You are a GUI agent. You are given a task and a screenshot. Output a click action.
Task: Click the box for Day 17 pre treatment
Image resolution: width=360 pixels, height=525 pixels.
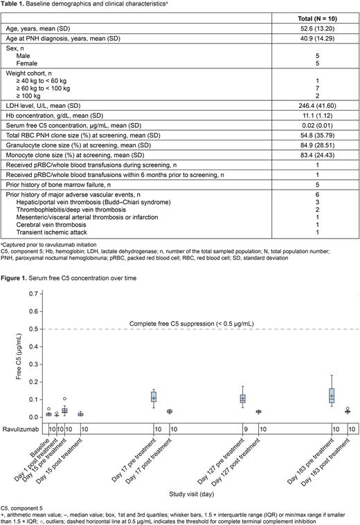(x=154, y=397)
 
